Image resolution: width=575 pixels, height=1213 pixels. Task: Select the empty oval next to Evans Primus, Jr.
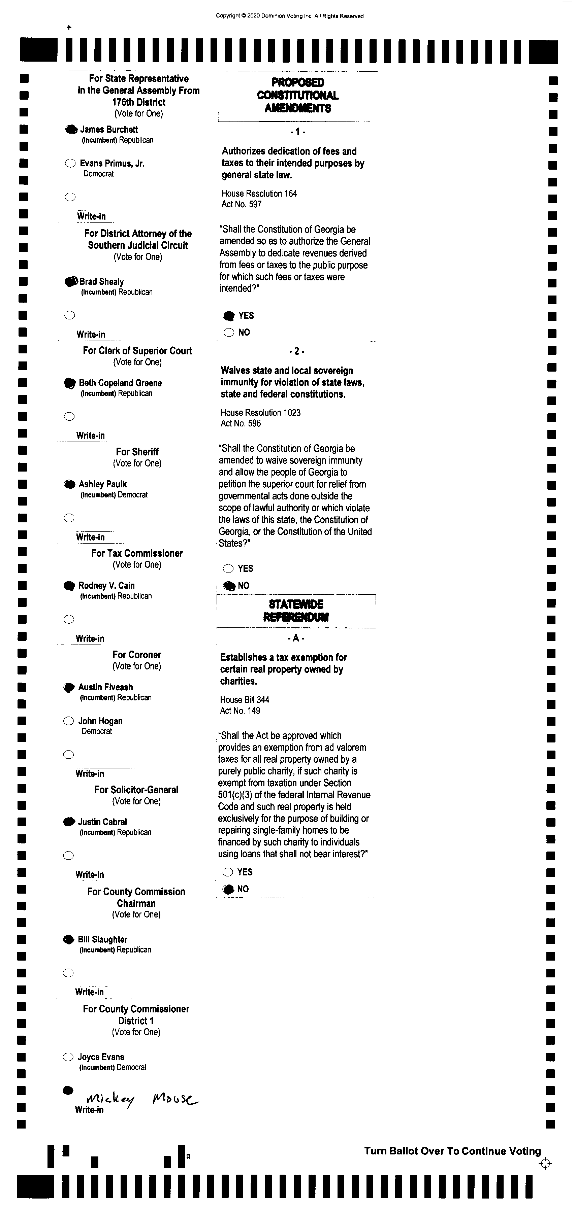(70, 163)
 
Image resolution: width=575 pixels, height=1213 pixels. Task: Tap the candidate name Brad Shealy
(101, 282)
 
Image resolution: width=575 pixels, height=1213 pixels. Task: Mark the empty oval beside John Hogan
(69, 721)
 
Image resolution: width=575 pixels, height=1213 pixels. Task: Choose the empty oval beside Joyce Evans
(68, 1057)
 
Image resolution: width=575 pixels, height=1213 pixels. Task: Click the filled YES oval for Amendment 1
(229, 315)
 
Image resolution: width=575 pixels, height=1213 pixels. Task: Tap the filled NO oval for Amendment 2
(229, 586)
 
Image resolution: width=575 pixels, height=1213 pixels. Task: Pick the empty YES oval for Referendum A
(228, 872)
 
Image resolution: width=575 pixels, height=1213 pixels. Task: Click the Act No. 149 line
(240, 711)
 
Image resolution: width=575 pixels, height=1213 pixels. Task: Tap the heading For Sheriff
(137, 452)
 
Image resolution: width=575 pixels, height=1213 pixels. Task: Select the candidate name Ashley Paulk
(102, 484)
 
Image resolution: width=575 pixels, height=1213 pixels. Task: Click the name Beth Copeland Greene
(120, 383)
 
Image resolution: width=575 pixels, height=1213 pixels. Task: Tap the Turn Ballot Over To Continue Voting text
(452, 1151)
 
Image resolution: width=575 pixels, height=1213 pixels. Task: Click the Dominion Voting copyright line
(289, 16)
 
